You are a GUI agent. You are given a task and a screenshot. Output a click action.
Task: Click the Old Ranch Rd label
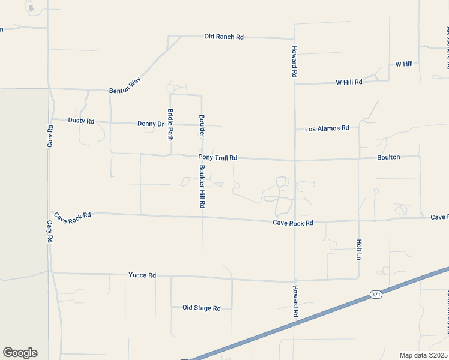pos(224,37)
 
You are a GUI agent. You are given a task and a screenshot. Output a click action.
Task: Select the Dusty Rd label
pos(81,121)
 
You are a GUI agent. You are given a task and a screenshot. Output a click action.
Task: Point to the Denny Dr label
pos(151,124)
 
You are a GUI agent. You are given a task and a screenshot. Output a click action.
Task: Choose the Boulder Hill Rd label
pos(202,187)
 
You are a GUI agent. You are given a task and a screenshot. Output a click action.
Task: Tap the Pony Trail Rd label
pos(218,158)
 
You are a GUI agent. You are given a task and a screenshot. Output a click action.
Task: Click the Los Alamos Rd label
pos(327,128)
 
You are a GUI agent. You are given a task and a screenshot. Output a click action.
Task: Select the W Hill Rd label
pos(349,82)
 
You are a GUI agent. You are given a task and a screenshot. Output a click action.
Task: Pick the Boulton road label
pos(388,157)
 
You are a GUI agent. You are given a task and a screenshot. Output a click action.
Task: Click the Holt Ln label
pos(359,250)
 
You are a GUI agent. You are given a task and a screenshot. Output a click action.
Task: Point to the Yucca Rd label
pos(142,275)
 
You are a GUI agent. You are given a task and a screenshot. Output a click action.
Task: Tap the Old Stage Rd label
pos(202,308)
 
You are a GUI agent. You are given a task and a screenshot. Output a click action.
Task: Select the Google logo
pos(20,353)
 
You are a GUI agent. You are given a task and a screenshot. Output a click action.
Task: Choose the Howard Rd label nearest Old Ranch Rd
pos(294,62)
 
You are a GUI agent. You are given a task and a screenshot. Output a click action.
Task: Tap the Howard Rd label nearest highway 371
pos(295,301)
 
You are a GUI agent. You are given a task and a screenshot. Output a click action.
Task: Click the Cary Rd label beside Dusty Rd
pos(50,137)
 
